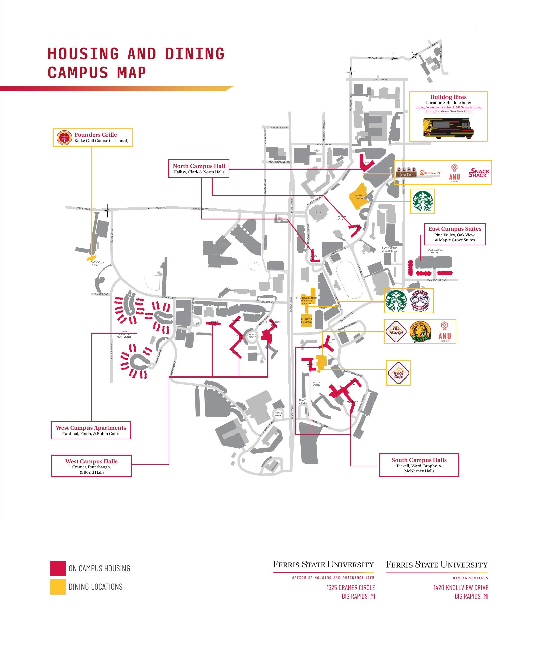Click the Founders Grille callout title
[x=96, y=135]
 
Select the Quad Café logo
[x=406, y=172]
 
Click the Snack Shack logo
[x=479, y=173]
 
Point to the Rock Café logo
[x=398, y=373]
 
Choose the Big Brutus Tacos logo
[x=421, y=332]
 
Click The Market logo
[x=396, y=331]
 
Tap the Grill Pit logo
[x=431, y=173]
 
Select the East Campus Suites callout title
[x=455, y=229]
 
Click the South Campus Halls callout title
[x=419, y=460]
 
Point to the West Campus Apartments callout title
[x=91, y=428]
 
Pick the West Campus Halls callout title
[x=92, y=461]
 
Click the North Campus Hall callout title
[x=199, y=166]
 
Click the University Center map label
[x=359, y=197]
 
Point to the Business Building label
[x=307, y=321]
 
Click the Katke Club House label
[x=95, y=263]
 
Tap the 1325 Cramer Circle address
[x=351, y=588]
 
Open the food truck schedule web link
[x=448, y=109]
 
